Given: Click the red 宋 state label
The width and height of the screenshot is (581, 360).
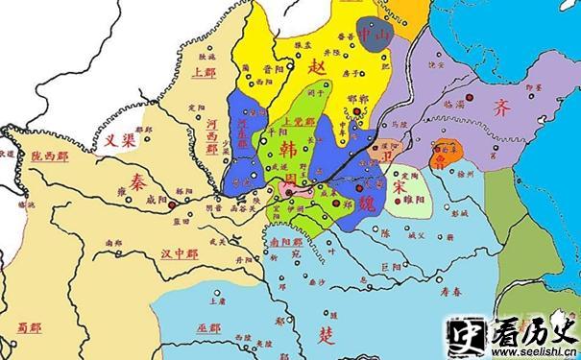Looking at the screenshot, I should [400, 185].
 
